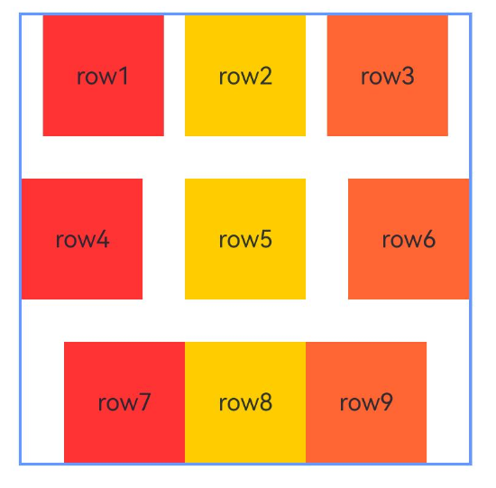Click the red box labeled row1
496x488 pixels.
click(104, 76)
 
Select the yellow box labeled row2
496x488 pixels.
click(245, 76)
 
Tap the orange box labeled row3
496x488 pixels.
click(388, 76)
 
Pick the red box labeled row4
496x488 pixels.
click(82, 239)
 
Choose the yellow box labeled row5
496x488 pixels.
click(245, 239)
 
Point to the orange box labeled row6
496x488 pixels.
click(409, 239)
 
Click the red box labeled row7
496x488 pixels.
click(124, 402)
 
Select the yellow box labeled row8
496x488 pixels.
click(245, 402)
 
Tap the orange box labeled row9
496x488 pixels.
click(366, 402)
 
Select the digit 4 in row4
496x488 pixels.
click(103, 239)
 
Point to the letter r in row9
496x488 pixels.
click(344, 404)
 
